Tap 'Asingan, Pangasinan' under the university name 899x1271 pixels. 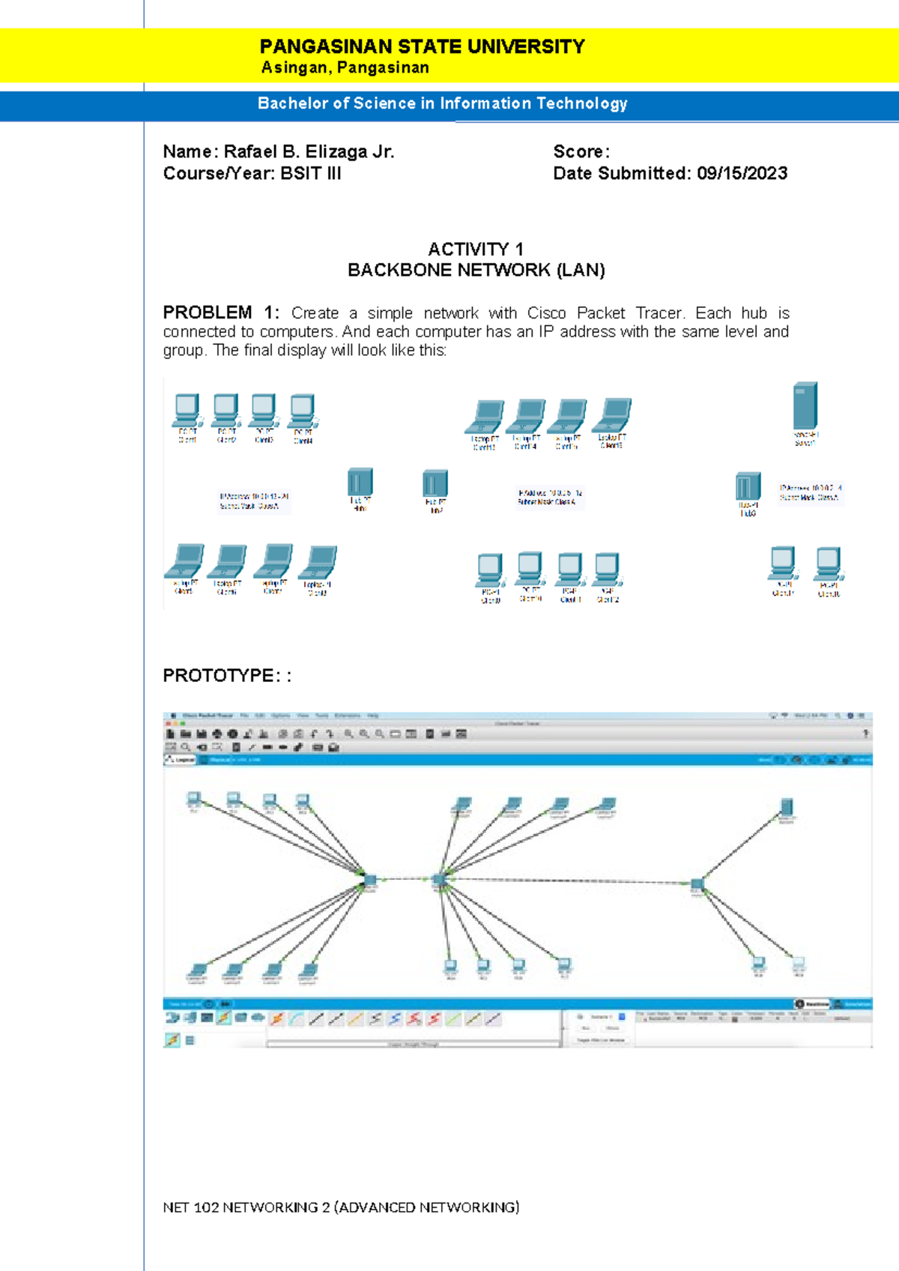[345, 67]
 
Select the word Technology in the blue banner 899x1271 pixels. [581, 103]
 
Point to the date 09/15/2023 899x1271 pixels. [742, 173]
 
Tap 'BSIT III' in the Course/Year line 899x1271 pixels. [311, 173]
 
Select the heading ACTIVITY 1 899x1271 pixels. [476, 249]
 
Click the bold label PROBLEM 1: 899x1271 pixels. [221, 313]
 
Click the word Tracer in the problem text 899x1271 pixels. [659, 313]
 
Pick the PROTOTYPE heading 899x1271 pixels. [220, 675]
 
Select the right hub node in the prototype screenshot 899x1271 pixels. [697, 885]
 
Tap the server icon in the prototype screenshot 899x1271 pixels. [787, 808]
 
